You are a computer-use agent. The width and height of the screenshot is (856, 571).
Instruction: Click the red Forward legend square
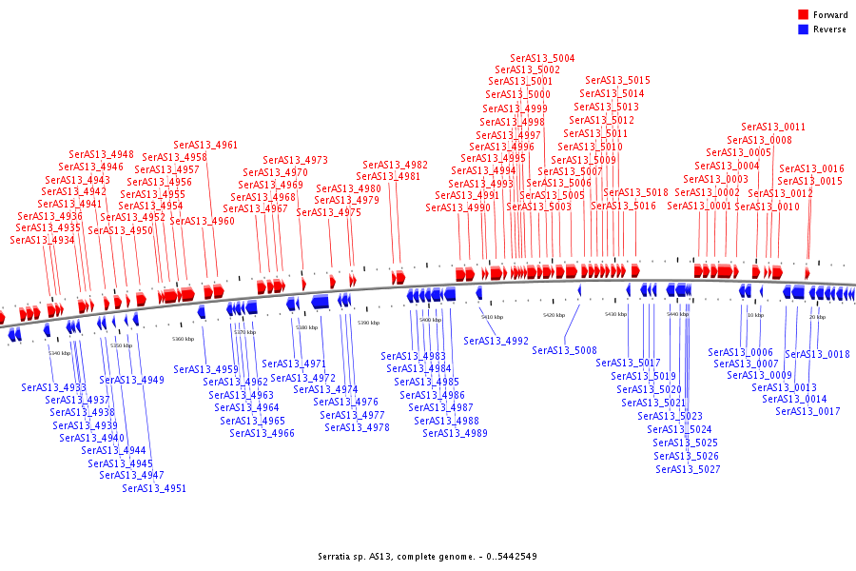(x=804, y=15)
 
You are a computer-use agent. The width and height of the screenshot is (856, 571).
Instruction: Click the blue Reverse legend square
(x=804, y=30)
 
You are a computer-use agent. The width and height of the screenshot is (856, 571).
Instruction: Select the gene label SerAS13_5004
(x=542, y=58)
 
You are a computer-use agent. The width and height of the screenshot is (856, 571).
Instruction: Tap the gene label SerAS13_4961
(x=205, y=145)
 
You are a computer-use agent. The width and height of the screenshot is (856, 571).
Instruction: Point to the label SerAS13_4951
(x=154, y=488)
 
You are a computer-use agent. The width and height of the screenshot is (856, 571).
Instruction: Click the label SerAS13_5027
(x=688, y=469)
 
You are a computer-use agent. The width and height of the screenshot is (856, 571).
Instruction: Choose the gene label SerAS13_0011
(x=773, y=127)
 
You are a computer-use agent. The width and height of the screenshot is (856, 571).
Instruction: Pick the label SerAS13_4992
(x=496, y=340)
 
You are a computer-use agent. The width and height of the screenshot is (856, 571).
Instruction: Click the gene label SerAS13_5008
(x=564, y=350)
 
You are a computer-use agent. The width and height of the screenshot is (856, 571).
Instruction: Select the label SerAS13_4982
(x=396, y=165)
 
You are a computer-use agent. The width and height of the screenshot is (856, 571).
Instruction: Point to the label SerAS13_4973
(x=296, y=160)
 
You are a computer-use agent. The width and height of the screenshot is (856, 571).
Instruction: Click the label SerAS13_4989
(x=456, y=433)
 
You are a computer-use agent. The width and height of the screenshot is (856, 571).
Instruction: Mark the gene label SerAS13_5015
(x=618, y=80)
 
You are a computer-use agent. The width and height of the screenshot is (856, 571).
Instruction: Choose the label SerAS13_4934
(x=42, y=240)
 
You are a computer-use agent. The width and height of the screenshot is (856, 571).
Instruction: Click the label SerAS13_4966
(x=263, y=433)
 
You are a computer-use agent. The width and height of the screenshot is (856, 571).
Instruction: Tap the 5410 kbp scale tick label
(x=492, y=317)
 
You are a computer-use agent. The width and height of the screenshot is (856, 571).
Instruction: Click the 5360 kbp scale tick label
(x=183, y=339)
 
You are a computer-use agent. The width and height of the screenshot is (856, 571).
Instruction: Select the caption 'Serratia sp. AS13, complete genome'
(x=427, y=556)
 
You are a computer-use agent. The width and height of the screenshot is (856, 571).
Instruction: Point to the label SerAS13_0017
(x=807, y=411)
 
